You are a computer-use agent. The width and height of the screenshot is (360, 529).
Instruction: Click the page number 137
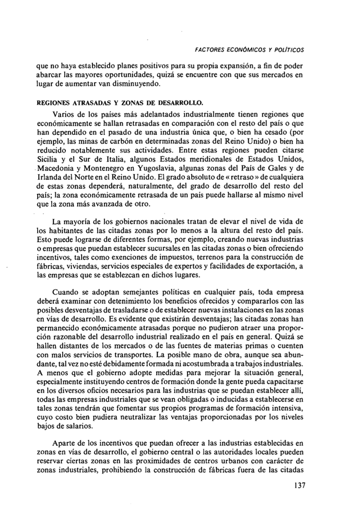click(296, 485)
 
